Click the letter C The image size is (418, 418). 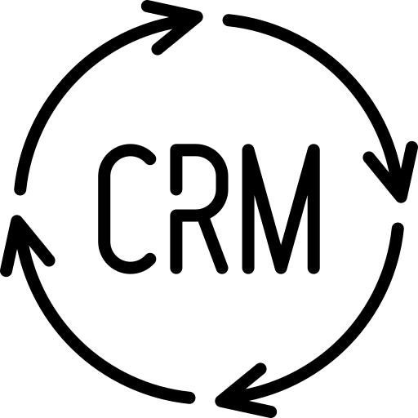coord(104,208)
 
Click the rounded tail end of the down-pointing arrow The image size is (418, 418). coord(229,20)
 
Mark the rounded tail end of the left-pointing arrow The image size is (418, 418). coord(398,228)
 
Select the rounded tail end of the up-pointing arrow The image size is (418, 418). coord(189,398)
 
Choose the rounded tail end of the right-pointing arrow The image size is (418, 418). coord(20,189)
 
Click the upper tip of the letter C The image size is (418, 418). coord(150,159)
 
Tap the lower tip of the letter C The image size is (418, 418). coord(150,259)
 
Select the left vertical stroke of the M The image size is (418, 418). coord(247,209)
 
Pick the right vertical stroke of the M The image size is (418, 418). coord(313,209)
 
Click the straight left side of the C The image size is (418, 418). coord(104,208)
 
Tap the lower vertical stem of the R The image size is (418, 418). coord(176,242)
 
